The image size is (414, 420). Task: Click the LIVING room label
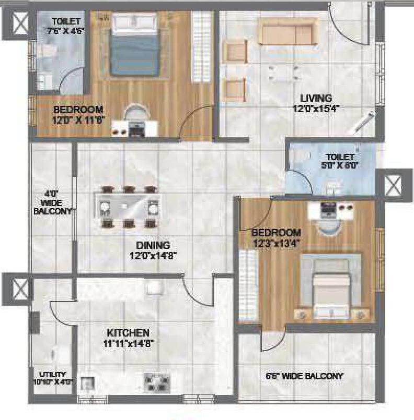coord(316,98)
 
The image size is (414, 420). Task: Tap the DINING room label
coord(154,245)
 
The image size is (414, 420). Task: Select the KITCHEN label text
coord(128,333)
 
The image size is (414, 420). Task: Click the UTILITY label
coord(53,375)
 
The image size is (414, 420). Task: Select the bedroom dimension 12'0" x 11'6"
coord(78,118)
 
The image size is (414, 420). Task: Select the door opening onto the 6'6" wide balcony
coord(272,340)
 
